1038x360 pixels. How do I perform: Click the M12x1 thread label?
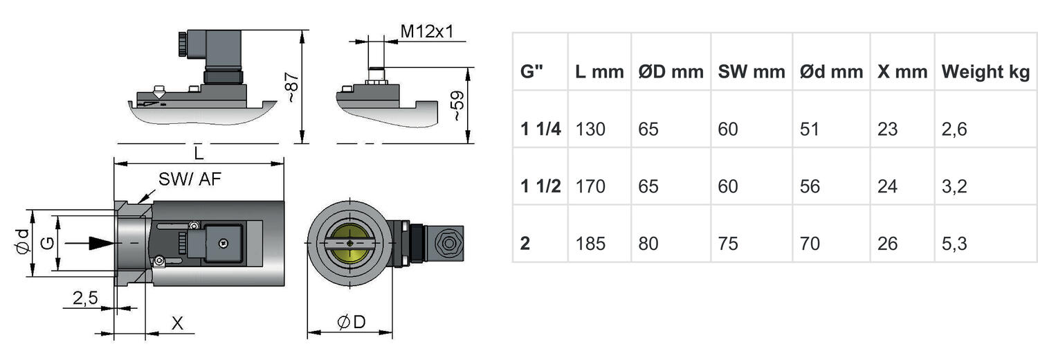[x=427, y=32]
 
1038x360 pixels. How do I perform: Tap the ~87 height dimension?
[x=291, y=87]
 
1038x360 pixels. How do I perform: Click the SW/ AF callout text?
[x=190, y=179]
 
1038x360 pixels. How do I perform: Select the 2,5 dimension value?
[x=85, y=298]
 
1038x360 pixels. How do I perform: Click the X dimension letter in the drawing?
[x=177, y=323]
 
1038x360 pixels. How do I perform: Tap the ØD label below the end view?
[x=352, y=321]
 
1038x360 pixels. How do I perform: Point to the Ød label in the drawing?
[x=23, y=242]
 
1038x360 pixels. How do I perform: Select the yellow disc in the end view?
[x=350, y=243]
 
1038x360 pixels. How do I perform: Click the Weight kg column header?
[x=985, y=72]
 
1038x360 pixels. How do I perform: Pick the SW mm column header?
[x=752, y=72]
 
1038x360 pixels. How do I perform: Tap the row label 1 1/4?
[x=540, y=129]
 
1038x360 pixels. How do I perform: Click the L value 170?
[x=590, y=186]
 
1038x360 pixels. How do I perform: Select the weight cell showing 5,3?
[x=954, y=244]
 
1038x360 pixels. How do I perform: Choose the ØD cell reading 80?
[x=648, y=244]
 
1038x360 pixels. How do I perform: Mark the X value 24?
[x=887, y=186]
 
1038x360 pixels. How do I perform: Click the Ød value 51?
[x=810, y=129]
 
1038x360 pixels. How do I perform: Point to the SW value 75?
[x=728, y=244]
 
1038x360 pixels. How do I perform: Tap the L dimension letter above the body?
[x=199, y=153]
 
